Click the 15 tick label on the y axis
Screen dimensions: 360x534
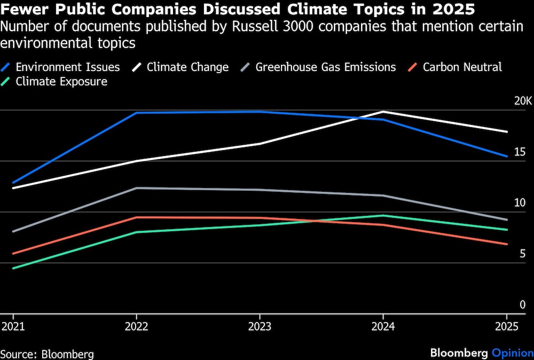(x=520, y=152)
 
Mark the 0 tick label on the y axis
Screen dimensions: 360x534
(x=523, y=304)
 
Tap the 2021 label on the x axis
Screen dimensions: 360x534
(x=13, y=327)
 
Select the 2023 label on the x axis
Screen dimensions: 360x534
(x=260, y=327)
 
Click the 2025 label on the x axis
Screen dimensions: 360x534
(x=507, y=327)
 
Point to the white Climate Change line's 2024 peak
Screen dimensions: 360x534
(x=383, y=112)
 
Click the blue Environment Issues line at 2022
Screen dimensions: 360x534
(x=137, y=113)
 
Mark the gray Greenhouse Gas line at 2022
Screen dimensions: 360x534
(x=137, y=188)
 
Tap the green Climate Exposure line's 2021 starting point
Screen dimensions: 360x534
(x=13, y=268)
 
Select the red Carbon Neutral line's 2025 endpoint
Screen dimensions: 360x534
(x=507, y=244)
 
